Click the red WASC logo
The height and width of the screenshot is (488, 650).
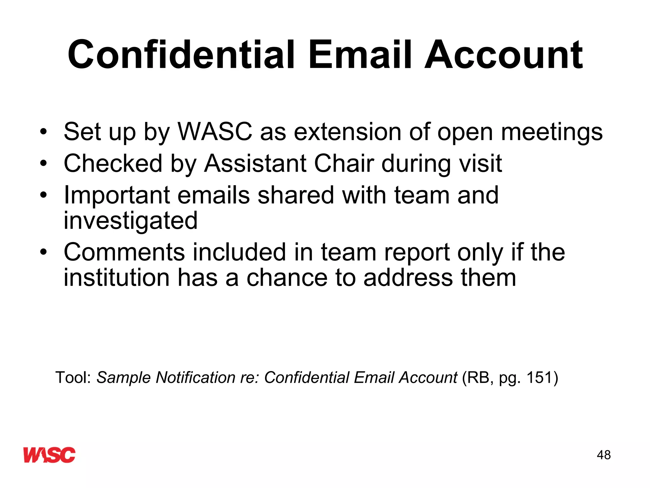pyautogui.click(x=50, y=455)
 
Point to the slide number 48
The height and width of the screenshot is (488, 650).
pyautogui.click(x=604, y=455)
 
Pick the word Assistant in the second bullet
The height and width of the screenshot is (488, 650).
pyautogui.click(x=255, y=163)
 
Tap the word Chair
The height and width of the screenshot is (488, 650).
pyautogui.click(x=344, y=163)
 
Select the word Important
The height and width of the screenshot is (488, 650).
pyautogui.click(x=117, y=196)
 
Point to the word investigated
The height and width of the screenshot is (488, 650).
pyautogui.click(x=130, y=221)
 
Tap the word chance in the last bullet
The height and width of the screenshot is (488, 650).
pyautogui.click(x=287, y=278)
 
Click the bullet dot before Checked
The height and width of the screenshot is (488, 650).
pyautogui.click(x=43, y=164)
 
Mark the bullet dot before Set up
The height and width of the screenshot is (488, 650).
pyautogui.click(x=43, y=132)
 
